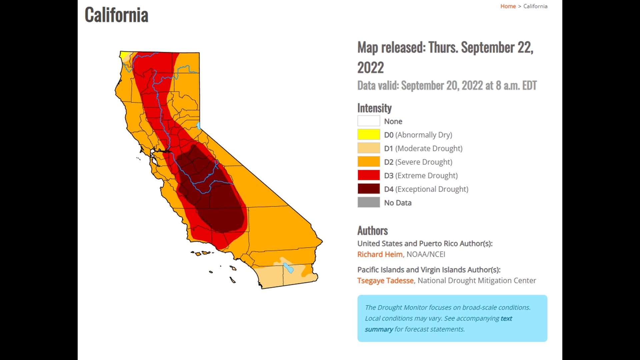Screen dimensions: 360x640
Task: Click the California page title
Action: (116, 15)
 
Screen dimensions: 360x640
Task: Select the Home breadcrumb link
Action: (508, 6)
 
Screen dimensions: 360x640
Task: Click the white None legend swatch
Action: (368, 121)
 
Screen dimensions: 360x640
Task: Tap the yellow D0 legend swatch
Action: (368, 135)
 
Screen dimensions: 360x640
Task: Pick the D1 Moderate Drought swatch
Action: (368, 148)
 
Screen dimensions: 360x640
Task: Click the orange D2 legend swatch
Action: (368, 162)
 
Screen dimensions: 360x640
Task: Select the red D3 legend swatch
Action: (368, 175)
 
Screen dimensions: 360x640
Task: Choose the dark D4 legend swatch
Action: (368, 189)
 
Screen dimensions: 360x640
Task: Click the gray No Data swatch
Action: (368, 203)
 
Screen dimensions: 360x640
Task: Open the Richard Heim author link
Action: (380, 254)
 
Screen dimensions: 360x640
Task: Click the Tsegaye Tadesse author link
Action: (385, 281)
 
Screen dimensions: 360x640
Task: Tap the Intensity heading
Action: (374, 108)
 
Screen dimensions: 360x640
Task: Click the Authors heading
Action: (372, 231)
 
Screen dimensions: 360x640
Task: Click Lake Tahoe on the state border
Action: (199, 126)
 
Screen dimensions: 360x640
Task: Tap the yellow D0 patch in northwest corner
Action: (124, 55)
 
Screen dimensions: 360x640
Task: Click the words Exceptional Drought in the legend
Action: (432, 189)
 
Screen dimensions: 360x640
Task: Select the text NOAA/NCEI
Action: (426, 254)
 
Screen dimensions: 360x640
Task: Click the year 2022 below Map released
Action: (370, 68)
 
